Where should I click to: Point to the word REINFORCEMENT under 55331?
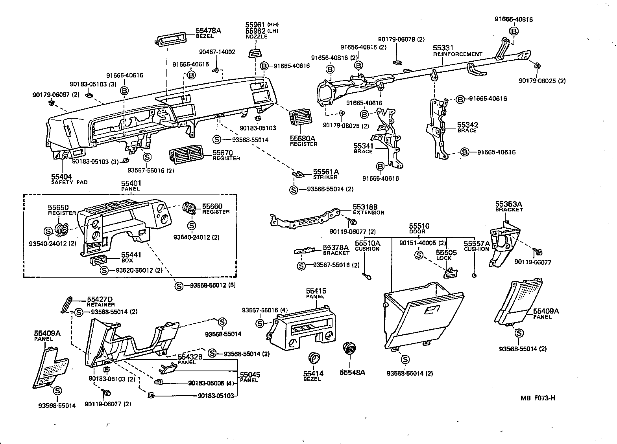[458, 54]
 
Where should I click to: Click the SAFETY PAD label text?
[69, 182]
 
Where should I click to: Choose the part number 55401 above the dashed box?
[131, 183]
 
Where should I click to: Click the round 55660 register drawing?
[190, 209]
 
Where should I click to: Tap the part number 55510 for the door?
[419, 226]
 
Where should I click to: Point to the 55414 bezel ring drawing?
[314, 358]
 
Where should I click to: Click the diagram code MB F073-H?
[538, 398]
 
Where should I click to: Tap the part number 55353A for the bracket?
[508, 204]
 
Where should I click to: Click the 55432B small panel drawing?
[168, 369]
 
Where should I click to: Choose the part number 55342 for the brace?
[467, 125]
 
